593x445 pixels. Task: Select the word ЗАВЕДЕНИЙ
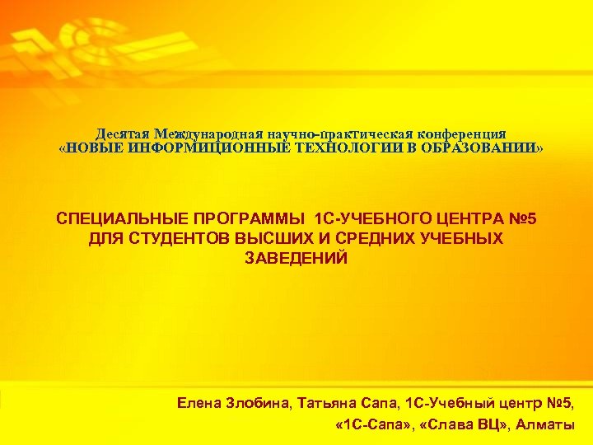(x=296, y=258)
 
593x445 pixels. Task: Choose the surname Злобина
(x=259, y=404)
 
